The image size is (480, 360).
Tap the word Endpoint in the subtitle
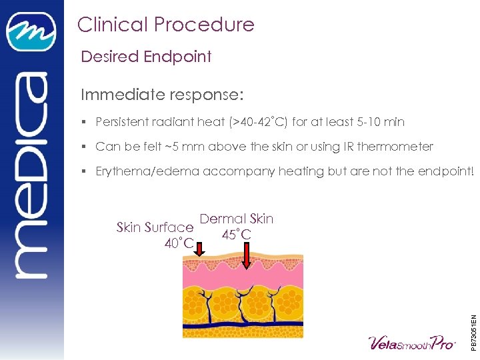(179, 57)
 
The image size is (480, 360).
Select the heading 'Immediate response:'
(159, 95)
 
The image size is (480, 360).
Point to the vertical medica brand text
(31, 173)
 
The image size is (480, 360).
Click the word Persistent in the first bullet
(124, 123)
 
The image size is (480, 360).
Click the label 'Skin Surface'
(155, 227)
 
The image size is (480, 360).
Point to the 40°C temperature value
(179, 244)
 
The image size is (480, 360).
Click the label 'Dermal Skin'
(237, 219)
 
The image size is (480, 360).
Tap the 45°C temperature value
(237, 235)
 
